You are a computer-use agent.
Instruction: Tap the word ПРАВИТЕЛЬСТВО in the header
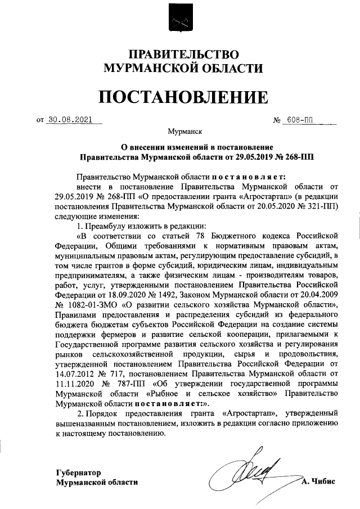coord(180,55)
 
